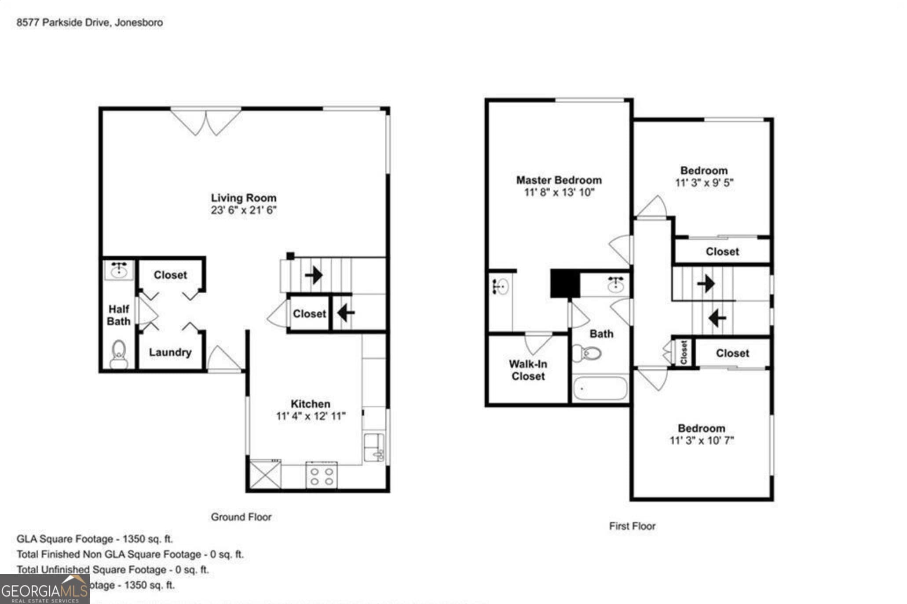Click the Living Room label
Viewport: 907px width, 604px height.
coord(243,198)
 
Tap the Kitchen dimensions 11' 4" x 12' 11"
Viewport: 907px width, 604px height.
coord(311,416)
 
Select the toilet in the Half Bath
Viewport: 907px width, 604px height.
coord(118,355)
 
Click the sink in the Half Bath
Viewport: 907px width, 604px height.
coord(119,269)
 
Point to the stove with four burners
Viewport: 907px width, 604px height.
coord(322,475)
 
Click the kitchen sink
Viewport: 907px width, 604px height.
coord(374,448)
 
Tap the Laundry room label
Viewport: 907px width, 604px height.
coord(170,352)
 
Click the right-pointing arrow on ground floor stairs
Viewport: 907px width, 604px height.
coord(314,276)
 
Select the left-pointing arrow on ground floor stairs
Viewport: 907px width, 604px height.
coord(346,313)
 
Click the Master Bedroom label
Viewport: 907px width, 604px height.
coord(559,180)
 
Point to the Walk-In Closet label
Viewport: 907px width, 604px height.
coord(528,370)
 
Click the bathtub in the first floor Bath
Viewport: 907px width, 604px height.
coord(600,388)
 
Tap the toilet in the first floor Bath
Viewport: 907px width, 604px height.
coord(587,353)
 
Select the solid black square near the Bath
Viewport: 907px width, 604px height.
coord(565,284)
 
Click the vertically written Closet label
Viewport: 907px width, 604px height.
coord(684,352)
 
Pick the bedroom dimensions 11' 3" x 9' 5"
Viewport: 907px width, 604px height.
coord(704,183)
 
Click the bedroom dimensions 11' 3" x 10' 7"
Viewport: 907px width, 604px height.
coord(701,440)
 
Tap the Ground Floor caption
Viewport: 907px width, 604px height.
coord(241,517)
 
